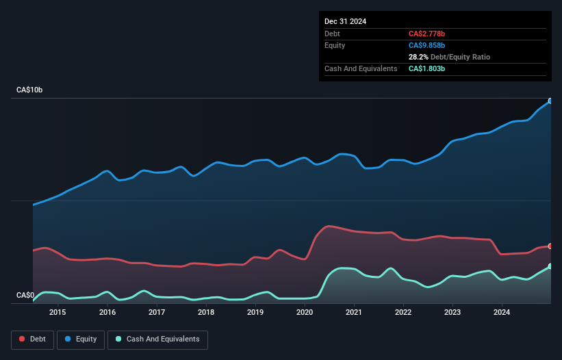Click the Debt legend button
click(31, 339)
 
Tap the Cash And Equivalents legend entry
click(157, 339)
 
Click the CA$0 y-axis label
click(25, 296)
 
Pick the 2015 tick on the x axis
click(58, 313)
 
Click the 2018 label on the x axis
click(206, 313)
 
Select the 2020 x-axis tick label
click(305, 313)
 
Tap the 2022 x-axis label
click(403, 313)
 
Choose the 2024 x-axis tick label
click(502, 313)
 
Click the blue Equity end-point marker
click(550, 101)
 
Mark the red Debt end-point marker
click(550, 246)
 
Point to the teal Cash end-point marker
click(550, 266)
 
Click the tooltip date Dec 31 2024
click(345, 21)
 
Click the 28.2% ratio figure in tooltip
click(419, 57)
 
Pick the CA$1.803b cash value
click(430, 68)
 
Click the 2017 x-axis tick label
click(157, 313)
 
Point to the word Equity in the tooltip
click(335, 45)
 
